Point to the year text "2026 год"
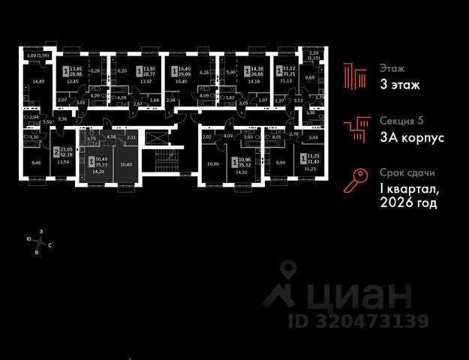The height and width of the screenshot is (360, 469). pos(408,202)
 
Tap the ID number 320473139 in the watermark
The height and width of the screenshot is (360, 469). pos(359,322)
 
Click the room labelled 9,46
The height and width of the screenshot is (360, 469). pos(36,161)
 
